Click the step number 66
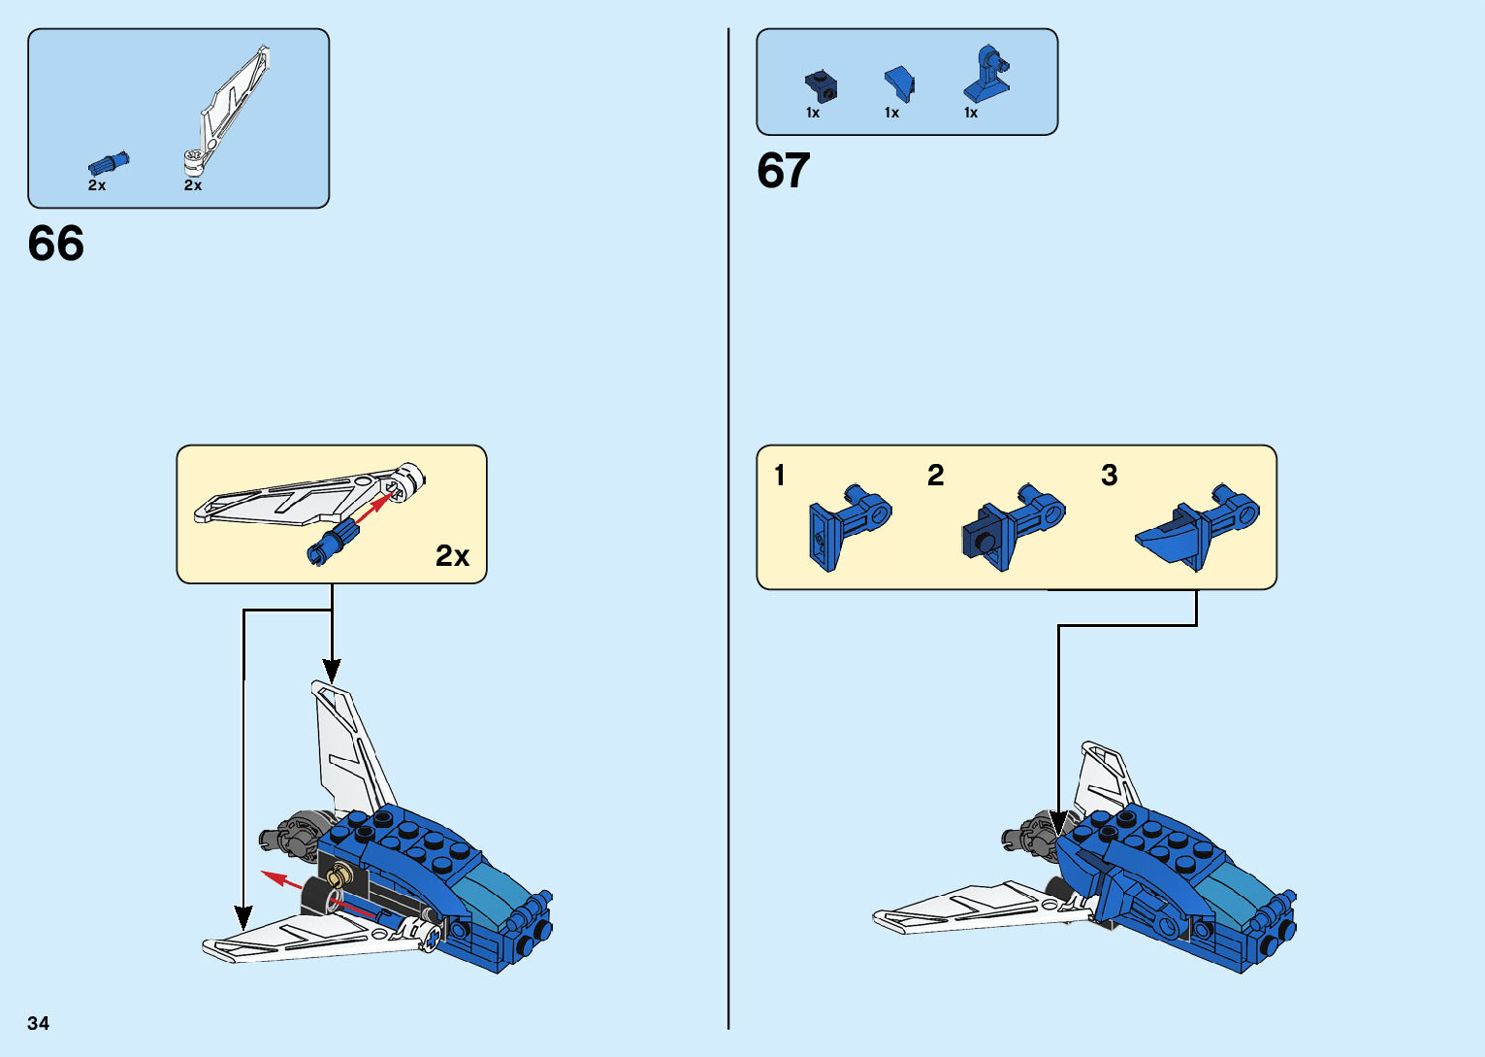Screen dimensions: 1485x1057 click(56, 244)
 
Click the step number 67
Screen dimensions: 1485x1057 click(783, 171)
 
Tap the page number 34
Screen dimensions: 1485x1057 click(39, 1023)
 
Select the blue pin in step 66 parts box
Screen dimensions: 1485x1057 click(109, 164)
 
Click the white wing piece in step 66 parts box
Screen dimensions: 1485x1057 click(231, 107)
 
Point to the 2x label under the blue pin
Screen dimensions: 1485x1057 click(97, 185)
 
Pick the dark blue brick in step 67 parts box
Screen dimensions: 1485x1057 click(822, 86)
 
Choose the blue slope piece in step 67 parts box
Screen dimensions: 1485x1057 click(899, 83)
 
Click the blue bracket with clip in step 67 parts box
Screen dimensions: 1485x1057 click(987, 75)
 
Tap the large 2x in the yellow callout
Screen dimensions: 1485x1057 click(452, 555)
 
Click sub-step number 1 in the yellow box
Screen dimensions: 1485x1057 click(780, 476)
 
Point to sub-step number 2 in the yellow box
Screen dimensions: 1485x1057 click(935, 476)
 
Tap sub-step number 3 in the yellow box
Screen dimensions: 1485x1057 click(1109, 476)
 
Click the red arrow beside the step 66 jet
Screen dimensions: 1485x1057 click(282, 880)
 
